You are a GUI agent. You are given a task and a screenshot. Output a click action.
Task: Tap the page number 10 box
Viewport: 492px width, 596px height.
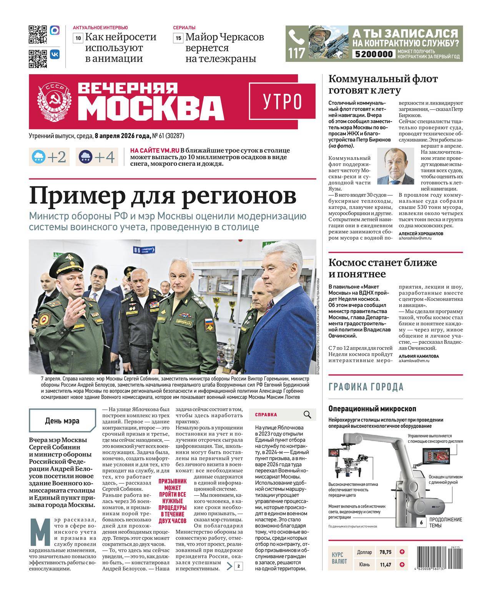[x=78, y=38]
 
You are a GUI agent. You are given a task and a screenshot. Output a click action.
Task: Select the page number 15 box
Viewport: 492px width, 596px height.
[x=178, y=38]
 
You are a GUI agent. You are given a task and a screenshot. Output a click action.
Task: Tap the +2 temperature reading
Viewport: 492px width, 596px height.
[x=57, y=157]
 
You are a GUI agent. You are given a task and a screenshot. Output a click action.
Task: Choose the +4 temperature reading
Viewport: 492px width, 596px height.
[x=104, y=157]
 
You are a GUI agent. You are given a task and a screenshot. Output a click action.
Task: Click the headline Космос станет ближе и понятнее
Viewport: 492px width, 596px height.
[x=382, y=268]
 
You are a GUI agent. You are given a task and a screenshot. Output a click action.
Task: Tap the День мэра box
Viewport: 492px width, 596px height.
[x=62, y=421]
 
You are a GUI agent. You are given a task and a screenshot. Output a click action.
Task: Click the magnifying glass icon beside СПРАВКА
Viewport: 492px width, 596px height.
[x=307, y=415]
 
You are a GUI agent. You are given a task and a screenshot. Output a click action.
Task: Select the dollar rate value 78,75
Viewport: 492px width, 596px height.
[x=385, y=552]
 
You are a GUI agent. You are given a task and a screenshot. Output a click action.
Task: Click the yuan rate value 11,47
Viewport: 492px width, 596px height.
[x=385, y=564]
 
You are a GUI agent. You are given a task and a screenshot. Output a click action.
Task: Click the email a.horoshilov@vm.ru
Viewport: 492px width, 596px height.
[x=415, y=238]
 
